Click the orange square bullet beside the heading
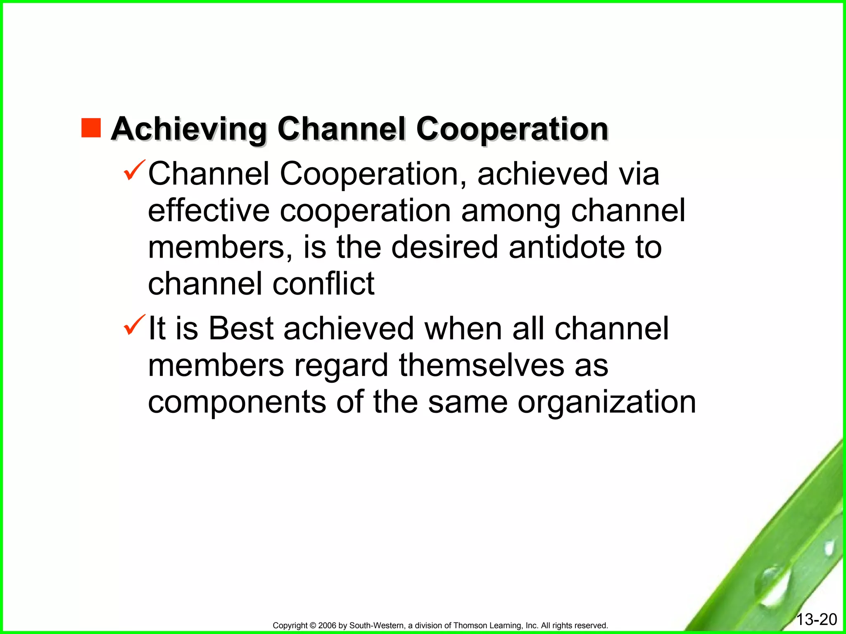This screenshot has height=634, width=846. coord(91,128)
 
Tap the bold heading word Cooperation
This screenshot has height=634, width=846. coord(512,129)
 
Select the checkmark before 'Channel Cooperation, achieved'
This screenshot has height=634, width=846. coord(134,170)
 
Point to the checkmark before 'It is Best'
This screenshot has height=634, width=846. coord(134,325)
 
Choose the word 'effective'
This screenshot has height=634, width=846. coord(209,211)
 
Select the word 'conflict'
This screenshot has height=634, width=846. coord(323,284)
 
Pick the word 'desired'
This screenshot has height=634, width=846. coord(444,247)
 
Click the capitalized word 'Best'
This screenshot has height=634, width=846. coord(241,329)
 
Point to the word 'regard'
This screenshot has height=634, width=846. coord(341,366)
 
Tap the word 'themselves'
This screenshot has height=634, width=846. coord(481,365)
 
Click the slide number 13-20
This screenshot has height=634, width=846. coord(816,620)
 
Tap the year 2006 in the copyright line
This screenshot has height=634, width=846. coord(328,626)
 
